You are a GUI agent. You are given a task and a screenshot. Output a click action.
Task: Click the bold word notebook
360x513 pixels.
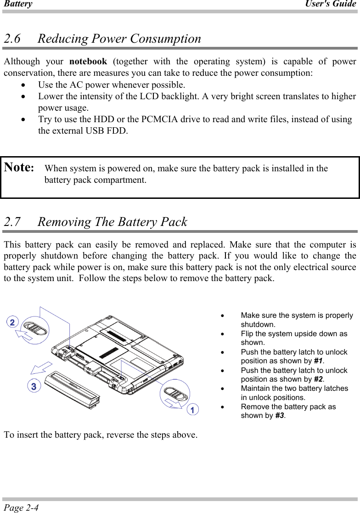tap(88, 62)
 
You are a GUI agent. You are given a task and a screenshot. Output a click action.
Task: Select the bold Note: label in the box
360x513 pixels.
tap(19, 168)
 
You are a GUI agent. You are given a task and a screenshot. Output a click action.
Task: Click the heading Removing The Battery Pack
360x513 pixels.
tap(112, 222)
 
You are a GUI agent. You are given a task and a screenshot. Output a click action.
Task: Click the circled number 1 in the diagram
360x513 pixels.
tap(193, 409)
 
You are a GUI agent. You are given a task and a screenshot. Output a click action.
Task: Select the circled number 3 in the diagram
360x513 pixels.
tap(33, 386)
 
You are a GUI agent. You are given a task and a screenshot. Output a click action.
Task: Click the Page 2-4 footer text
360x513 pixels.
tap(21, 507)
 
